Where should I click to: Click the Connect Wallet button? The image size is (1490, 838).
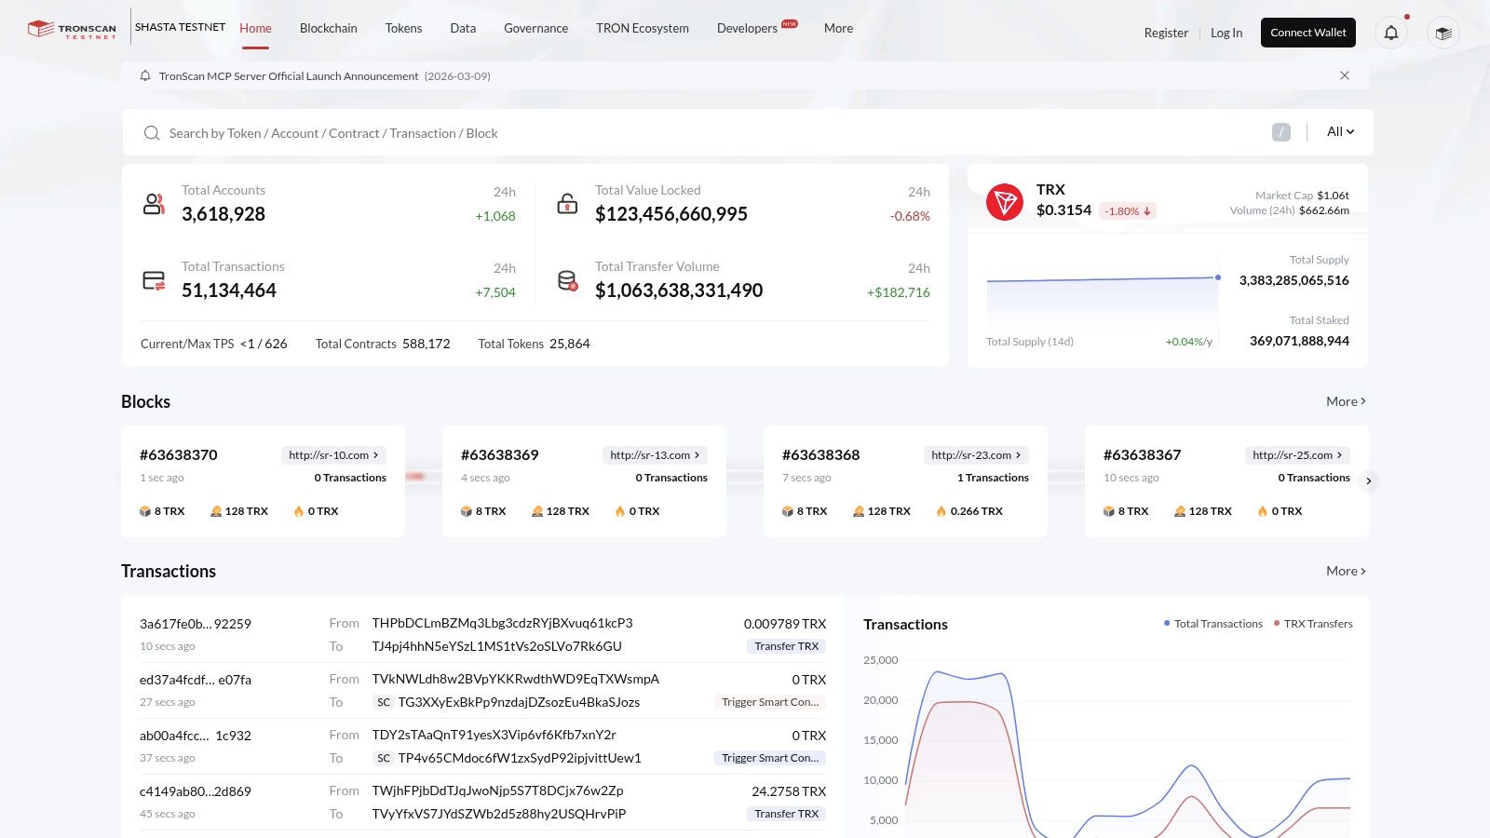1307,33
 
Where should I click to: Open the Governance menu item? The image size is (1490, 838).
535,28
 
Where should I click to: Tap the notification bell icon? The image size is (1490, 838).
1390,33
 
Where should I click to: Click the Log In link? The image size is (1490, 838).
1226,33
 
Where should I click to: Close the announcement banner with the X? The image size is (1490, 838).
1344,75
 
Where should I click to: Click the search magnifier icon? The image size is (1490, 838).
151,133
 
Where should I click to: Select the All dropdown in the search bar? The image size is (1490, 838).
1340,131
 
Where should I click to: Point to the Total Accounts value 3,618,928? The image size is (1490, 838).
223,214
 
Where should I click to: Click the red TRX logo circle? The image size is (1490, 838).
1004,201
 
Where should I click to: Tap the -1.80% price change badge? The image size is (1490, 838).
1127,211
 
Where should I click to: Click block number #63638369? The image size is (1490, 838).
500,454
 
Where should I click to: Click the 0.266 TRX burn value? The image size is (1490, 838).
976,511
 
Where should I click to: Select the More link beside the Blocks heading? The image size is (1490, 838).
1346,401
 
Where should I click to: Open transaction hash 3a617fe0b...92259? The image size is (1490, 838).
196,624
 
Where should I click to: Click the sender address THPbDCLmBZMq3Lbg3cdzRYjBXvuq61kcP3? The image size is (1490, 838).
502,623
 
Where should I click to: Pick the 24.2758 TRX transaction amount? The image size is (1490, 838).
788,791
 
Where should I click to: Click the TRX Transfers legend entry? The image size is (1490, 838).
1317,624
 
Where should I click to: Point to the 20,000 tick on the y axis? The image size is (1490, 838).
880,700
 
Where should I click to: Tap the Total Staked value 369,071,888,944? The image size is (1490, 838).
1299,341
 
